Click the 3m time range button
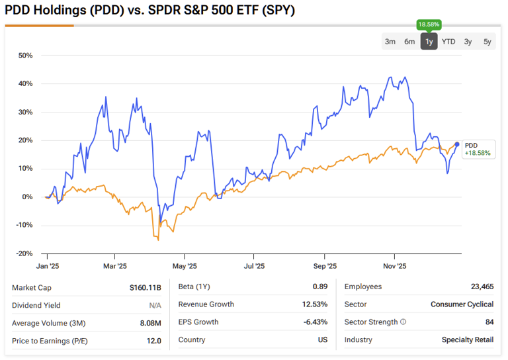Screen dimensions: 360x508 coord(390,42)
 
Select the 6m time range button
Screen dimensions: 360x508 coord(409,42)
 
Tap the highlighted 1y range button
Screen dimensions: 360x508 coord(429,42)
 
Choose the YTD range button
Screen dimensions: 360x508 coord(448,42)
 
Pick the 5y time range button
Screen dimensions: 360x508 coord(487,42)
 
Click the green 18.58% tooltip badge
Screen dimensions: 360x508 coord(429,24)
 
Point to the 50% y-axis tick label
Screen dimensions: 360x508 coord(25,56)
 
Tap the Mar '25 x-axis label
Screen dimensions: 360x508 coord(115,267)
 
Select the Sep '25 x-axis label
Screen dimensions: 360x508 coord(324,267)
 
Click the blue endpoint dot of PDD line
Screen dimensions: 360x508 coord(457,144)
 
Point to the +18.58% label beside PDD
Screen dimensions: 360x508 coord(477,153)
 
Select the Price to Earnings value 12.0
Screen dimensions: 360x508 coord(153,340)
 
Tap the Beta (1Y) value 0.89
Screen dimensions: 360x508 coord(319,287)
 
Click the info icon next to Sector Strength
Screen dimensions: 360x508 coord(403,322)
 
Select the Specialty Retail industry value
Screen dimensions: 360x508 coord(468,340)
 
